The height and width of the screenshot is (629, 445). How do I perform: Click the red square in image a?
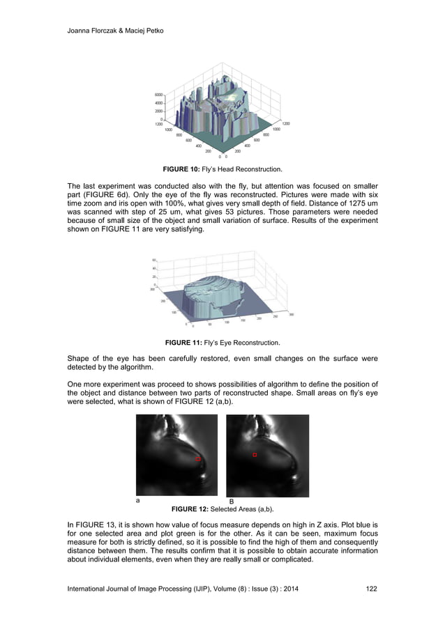(198, 459)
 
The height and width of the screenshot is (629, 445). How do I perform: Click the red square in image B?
(255, 454)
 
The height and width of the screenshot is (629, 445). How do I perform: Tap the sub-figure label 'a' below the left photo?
(137, 500)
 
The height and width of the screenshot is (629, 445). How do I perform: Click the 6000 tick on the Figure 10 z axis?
(158, 94)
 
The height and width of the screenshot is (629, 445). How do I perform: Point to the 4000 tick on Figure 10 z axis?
(158, 102)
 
